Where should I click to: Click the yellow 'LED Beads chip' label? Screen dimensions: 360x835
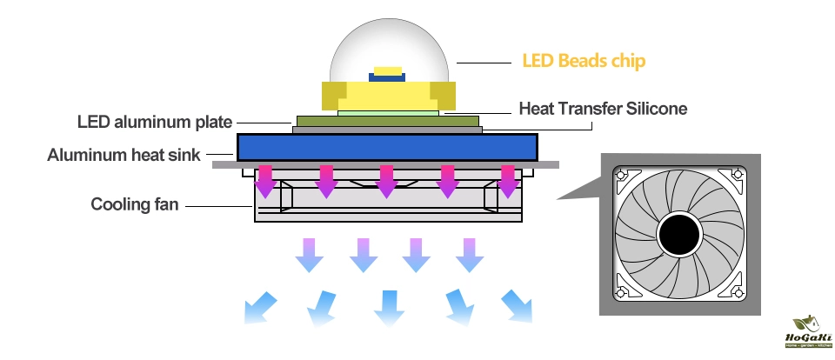584,62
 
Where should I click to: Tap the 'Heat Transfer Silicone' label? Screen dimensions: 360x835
603,109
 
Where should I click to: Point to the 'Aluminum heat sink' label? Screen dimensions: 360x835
124,157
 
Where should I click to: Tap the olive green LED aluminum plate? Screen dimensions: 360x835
387,120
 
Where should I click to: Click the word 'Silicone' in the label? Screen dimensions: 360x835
656,109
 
